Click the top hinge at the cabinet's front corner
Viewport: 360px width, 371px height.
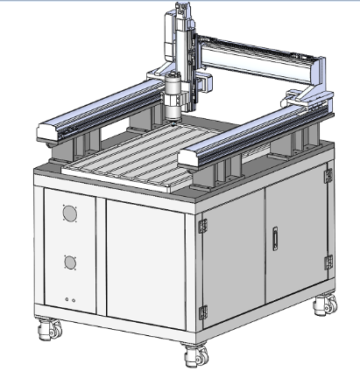coord(201,225)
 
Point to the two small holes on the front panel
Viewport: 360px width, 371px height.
coord(70,300)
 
